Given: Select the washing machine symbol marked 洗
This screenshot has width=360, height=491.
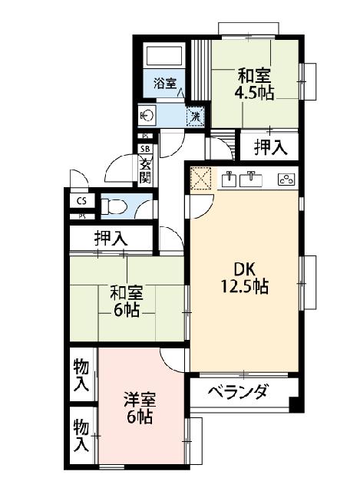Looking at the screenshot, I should coord(196,116).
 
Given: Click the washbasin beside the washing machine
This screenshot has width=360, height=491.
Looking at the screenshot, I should coord(148,116).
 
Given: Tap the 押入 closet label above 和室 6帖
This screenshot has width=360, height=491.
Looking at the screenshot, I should coord(111,239).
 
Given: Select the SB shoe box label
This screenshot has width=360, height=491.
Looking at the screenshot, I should coord(144,149).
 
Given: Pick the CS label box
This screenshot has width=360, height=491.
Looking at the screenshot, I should coord(81,201).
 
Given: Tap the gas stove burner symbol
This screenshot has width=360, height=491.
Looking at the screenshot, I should coord(286,180).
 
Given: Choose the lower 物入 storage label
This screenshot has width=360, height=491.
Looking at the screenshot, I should coord(80,434).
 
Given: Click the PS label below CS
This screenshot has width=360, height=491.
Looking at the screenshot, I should coord(81,216).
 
